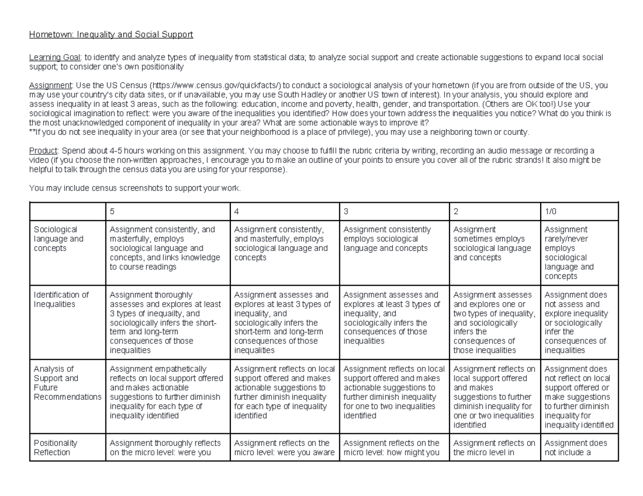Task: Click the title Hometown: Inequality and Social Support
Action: click(111, 35)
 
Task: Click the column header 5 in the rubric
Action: click(113, 211)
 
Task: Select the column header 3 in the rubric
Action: click(346, 211)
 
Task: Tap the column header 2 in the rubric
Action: click(456, 211)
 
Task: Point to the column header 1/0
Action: click(551, 211)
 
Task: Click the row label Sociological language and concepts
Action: click(58, 239)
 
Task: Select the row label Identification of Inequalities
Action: click(61, 300)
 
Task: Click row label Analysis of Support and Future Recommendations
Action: click(67, 383)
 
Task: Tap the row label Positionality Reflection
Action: click(55, 447)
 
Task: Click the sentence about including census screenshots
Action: click(135, 188)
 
